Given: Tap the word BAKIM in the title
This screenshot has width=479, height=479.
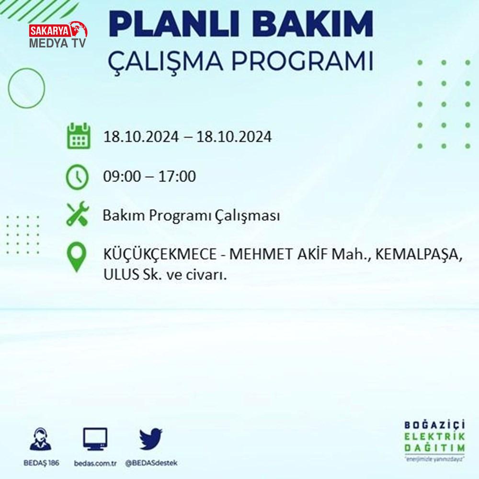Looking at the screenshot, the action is pyautogui.click(x=312, y=24).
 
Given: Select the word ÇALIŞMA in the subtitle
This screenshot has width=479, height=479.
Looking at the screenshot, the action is pyautogui.click(x=165, y=61).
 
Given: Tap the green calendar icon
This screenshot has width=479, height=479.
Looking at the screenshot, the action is pyautogui.click(x=79, y=136).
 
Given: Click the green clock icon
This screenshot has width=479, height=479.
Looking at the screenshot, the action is pyautogui.click(x=77, y=177).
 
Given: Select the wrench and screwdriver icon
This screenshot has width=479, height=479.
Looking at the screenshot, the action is pyautogui.click(x=78, y=214).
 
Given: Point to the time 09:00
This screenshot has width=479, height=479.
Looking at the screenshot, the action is pyautogui.click(x=122, y=176).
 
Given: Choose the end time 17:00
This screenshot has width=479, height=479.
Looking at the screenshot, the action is pyautogui.click(x=177, y=176).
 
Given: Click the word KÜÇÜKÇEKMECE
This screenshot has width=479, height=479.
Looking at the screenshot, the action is pyautogui.click(x=160, y=254).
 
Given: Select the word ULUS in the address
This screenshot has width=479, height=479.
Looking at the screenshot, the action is pyautogui.click(x=121, y=274).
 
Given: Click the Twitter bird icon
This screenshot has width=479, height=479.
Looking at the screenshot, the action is pyautogui.click(x=150, y=439).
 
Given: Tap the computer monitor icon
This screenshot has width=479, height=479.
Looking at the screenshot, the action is pyautogui.click(x=95, y=439).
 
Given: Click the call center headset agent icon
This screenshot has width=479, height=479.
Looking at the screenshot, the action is pyautogui.click(x=41, y=439).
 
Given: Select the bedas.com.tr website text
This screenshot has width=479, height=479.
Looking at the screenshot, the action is pyautogui.click(x=95, y=463).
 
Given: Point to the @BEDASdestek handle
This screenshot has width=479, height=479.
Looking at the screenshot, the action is pyautogui.click(x=151, y=463).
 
